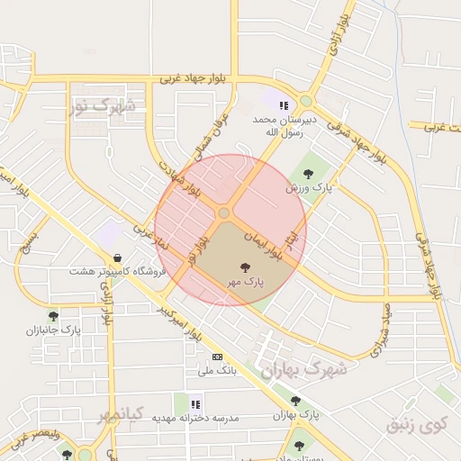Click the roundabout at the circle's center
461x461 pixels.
(224, 213)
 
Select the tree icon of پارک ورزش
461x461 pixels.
(307, 174)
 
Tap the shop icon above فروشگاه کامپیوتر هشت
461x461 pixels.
(118, 257)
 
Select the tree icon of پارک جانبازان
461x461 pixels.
(53, 316)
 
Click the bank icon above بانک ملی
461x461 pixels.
(216, 357)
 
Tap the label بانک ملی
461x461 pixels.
(216, 370)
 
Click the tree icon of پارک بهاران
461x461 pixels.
(295, 401)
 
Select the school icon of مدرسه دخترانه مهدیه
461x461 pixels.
(195, 404)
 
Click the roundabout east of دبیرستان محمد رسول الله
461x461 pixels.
(306, 101)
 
